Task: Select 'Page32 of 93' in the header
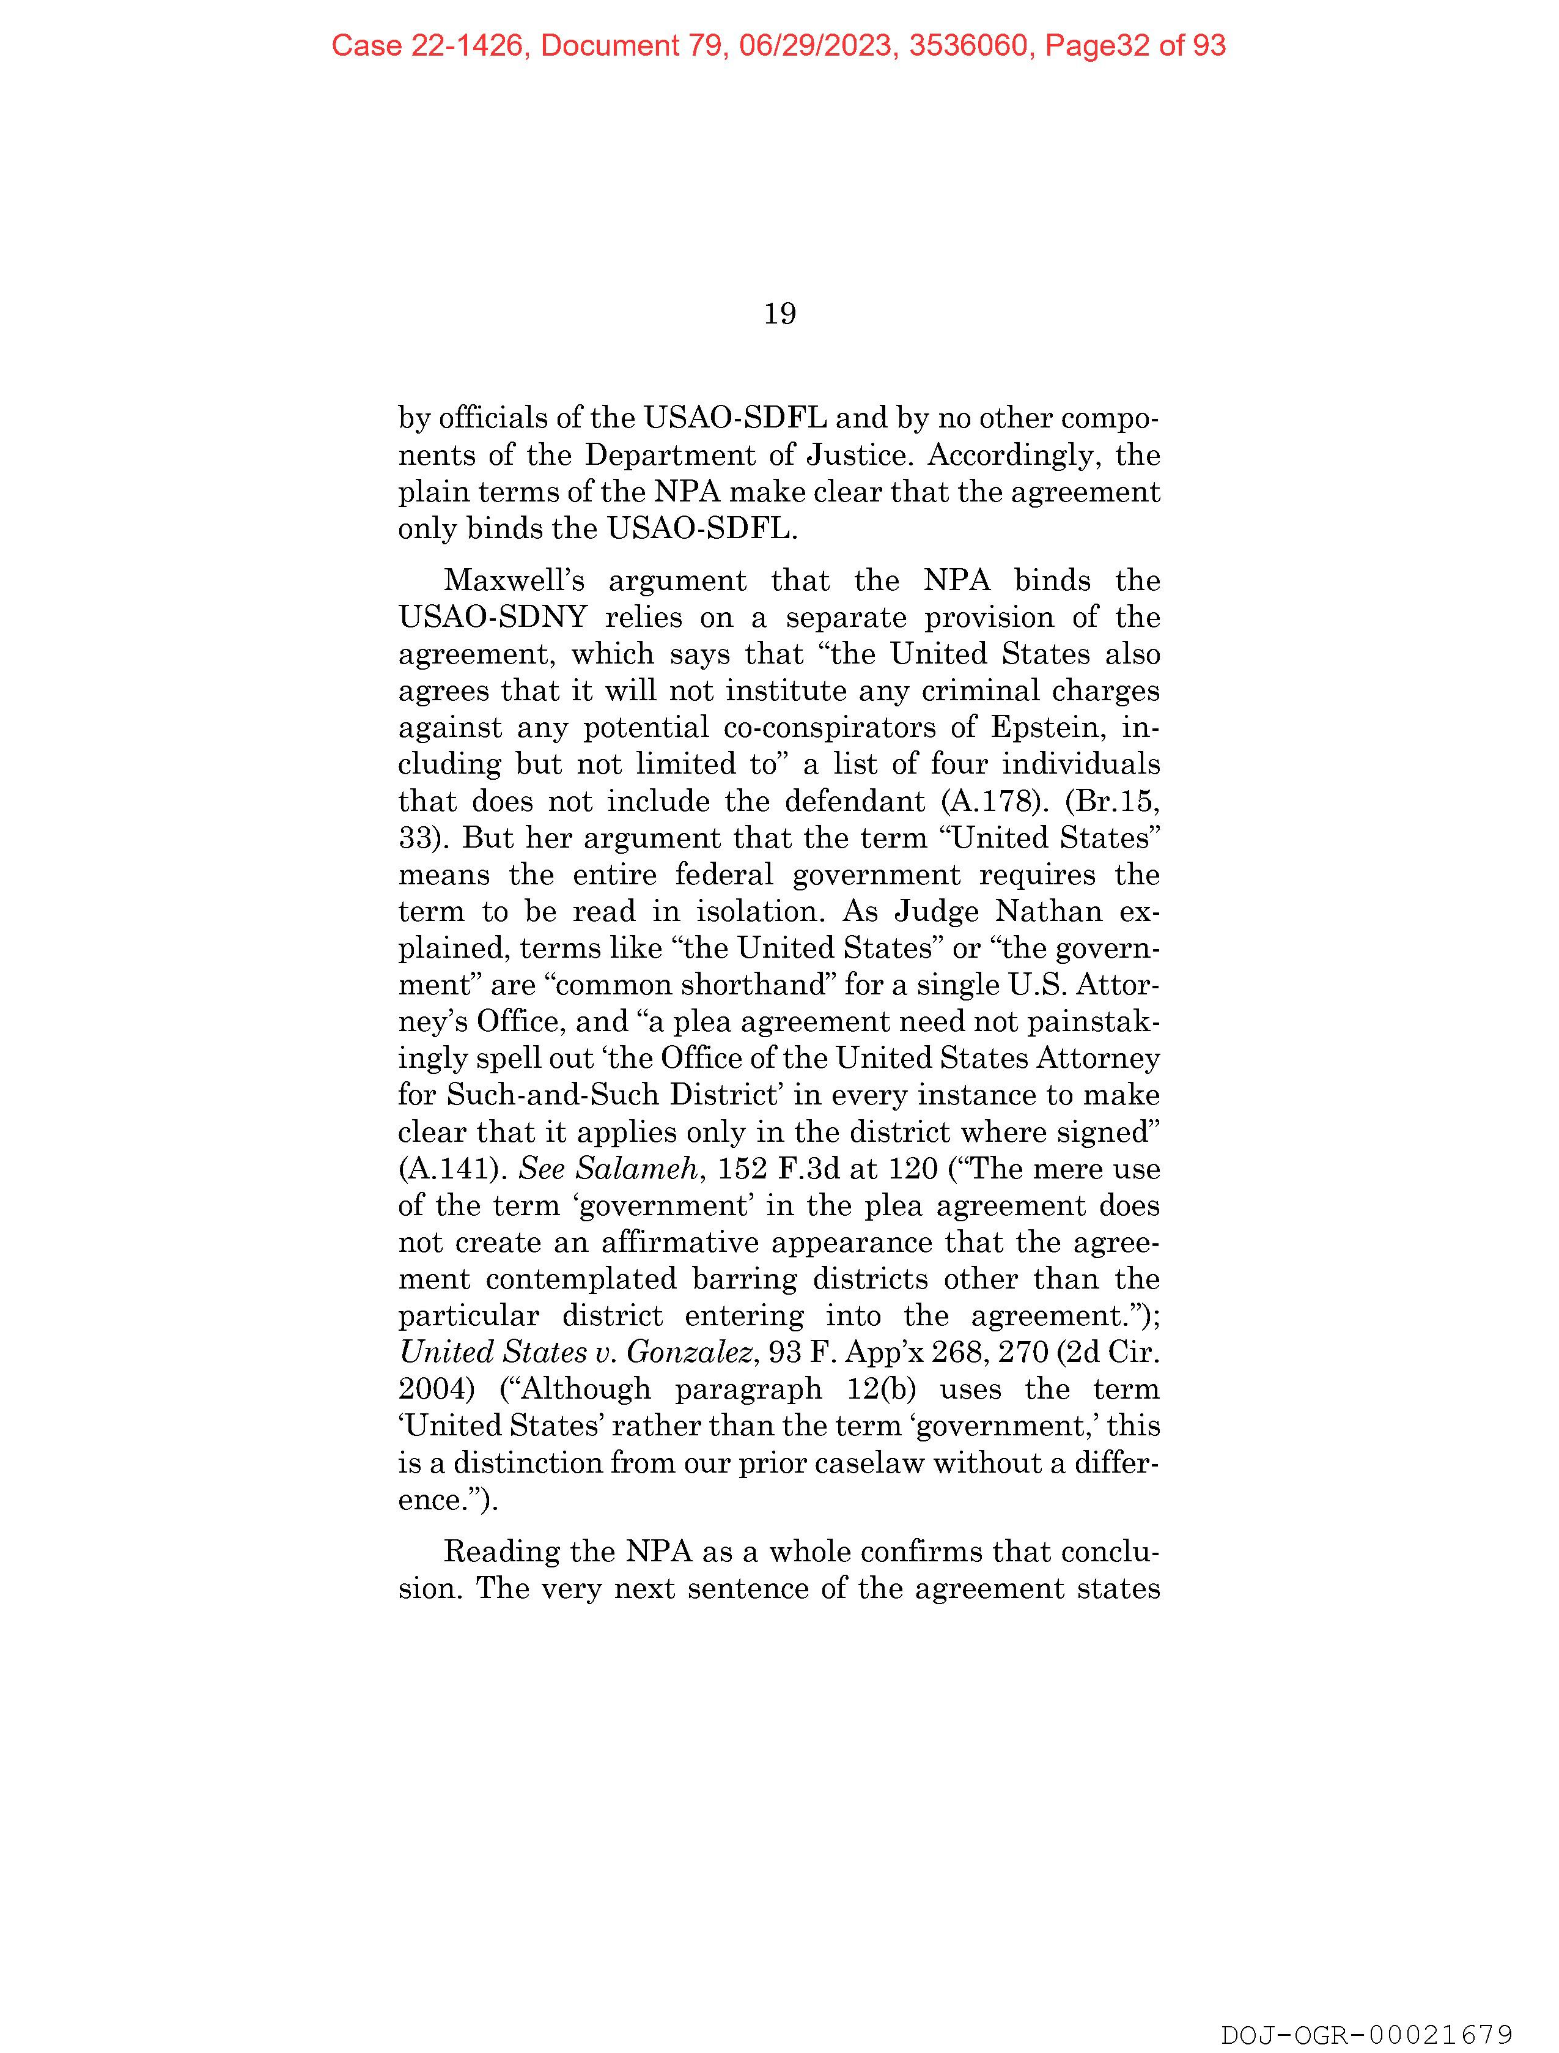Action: [x=1135, y=45]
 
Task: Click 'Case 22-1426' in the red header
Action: [x=427, y=45]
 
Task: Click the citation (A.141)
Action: [x=452, y=1169]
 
